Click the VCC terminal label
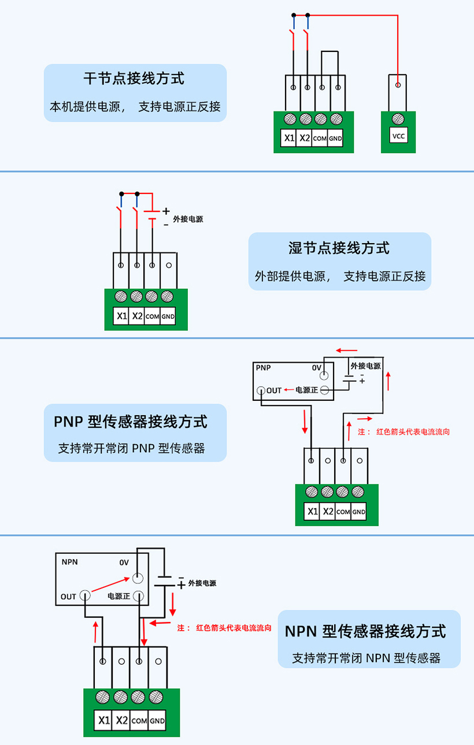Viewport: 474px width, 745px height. [x=398, y=137]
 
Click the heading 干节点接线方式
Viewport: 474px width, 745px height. [x=135, y=78]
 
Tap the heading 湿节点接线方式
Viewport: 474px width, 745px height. [x=339, y=248]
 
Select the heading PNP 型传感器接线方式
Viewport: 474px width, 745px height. [x=131, y=421]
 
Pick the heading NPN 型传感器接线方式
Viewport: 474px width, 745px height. [x=365, y=631]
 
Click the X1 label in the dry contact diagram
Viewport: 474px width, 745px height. [x=289, y=138]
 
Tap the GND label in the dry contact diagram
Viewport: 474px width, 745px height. [x=336, y=139]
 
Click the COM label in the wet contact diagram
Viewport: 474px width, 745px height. [x=152, y=316]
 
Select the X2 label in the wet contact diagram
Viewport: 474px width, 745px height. [x=137, y=316]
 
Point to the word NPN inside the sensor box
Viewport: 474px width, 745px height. [x=69, y=561]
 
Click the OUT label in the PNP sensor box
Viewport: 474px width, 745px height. [x=274, y=390]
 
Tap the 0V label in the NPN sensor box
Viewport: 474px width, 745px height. [x=124, y=562]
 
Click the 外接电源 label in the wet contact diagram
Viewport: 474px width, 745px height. [x=188, y=219]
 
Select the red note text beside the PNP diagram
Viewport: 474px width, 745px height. [x=403, y=431]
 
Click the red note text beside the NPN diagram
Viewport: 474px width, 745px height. [x=224, y=627]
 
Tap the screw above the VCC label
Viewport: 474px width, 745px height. [x=398, y=119]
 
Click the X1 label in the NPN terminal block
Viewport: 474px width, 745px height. [x=104, y=720]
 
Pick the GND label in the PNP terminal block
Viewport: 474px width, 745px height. [x=359, y=512]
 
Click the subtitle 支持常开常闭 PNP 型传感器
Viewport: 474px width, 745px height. [x=132, y=448]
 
